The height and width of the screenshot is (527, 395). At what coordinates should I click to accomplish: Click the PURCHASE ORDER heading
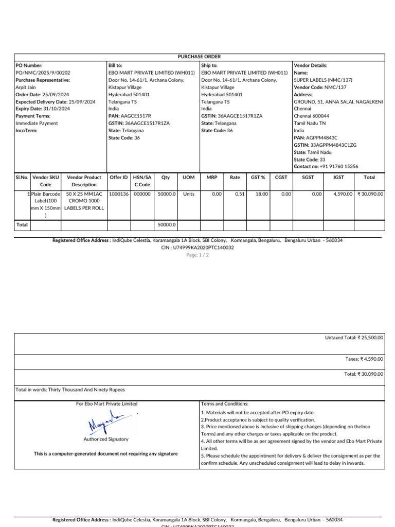pos(199,57)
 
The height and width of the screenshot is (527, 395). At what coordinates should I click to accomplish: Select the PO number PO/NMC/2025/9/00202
pos(43,73)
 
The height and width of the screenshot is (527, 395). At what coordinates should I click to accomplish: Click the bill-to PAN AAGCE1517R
pos(135,116)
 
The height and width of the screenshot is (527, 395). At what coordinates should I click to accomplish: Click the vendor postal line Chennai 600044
pos(311,116)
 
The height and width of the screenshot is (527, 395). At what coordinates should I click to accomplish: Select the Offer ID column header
pos(119,178)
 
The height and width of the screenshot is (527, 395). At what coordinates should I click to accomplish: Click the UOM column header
pos(189,178)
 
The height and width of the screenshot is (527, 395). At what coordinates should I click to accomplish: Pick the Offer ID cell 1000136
pos(119,195)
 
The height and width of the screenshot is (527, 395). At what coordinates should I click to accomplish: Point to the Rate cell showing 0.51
pos(235,195)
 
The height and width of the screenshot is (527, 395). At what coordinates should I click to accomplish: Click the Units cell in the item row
pos(189,195)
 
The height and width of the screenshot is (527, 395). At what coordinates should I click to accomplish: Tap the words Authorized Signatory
pos(106,440)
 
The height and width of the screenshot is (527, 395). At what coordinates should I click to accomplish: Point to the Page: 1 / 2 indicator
pos(197,255)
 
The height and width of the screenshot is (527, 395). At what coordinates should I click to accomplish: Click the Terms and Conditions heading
pos(225,404)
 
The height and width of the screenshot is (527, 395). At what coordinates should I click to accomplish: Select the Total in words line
pos(70,390)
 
